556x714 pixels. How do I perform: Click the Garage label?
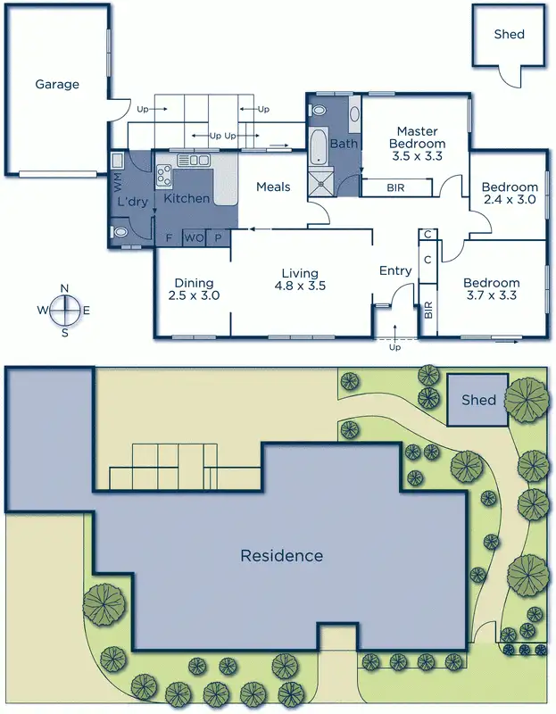coord(57,85)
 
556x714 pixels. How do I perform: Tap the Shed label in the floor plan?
coord(509,35)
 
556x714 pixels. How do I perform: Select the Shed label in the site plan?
coord(478,399)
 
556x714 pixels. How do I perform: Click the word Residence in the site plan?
coord(281,555)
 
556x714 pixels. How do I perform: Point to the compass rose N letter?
coord(64,287)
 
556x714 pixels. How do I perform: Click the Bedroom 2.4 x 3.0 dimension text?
coord(509,200)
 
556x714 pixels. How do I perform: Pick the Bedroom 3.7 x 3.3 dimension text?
coord(491,295)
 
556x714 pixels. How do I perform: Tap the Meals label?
coord(273,187)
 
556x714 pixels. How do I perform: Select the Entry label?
coord(395,271)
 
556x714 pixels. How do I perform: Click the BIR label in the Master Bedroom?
coord(395,188)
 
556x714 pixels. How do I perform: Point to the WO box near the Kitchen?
coord(194,237)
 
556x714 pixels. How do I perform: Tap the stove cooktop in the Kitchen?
coord(165,174)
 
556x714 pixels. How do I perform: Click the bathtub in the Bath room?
coord(319,147)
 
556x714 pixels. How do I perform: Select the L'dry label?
coord(132,202)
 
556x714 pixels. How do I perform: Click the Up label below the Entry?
coord(395,347)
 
